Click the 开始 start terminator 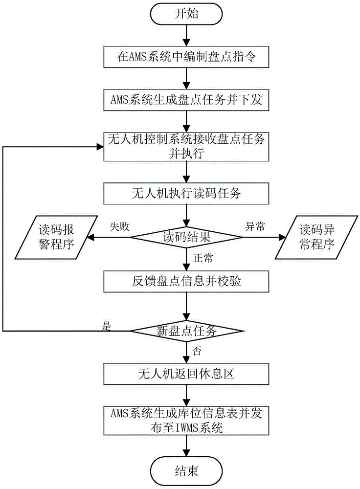pyautogui.click(x=187, y=14)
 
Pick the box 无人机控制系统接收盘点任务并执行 pyautogui.click(x=187, y=146)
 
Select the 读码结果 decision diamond pyautogui.click(x=187, y=238)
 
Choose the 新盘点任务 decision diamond pyautogui.click(x=187, y=331)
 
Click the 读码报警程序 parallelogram pyautogui.click(x=50, y=238)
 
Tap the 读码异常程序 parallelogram pyautogui.click(x=318, y=238)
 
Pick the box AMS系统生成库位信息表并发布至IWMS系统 pyautogui.click(x=187, y=421)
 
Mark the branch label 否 pyautogui.click(x=197, y=351)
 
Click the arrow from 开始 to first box pyautogui.click(x=187, y=35)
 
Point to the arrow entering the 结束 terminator pyautogui.click(x=187, y=446)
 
